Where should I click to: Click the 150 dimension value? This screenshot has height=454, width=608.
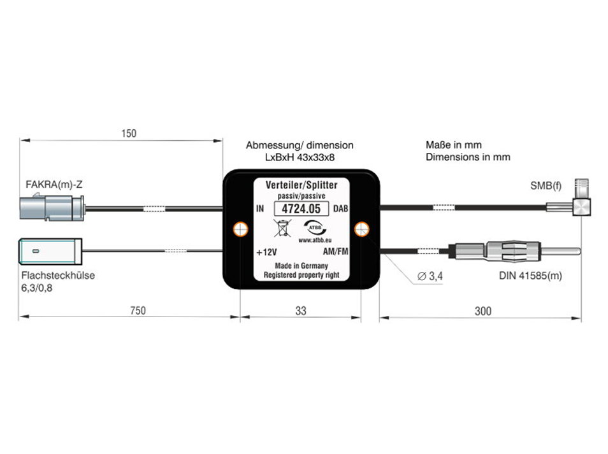(x=129, y=134)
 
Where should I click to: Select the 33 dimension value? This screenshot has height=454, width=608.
(x=301, y=311)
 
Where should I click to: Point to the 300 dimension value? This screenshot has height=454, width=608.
(x=482, y=311)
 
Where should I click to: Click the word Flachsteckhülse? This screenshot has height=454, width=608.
(x=57, y=276)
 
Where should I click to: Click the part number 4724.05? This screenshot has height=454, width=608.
(x=301, y=208)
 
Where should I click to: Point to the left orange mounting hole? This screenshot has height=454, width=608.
(x=242, y=229)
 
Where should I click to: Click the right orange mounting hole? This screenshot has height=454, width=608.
(x=361, y=229)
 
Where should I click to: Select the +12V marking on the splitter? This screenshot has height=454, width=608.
(x=268, y=252)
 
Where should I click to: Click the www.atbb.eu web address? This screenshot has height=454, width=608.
(x=315, y=241)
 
